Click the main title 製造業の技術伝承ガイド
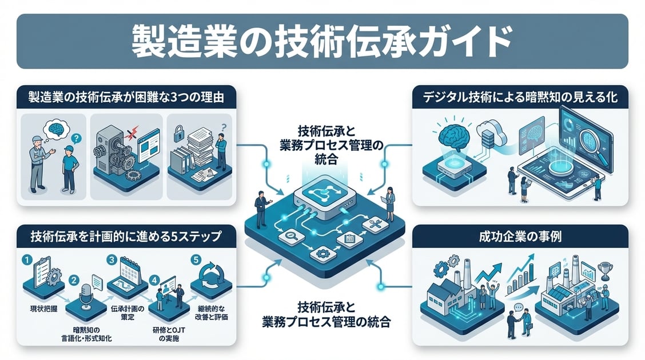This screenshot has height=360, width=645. click(x=322, y=41)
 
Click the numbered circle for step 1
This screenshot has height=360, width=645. click(x=26, y=260)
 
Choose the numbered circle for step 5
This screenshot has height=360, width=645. click(x=196, y=260)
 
